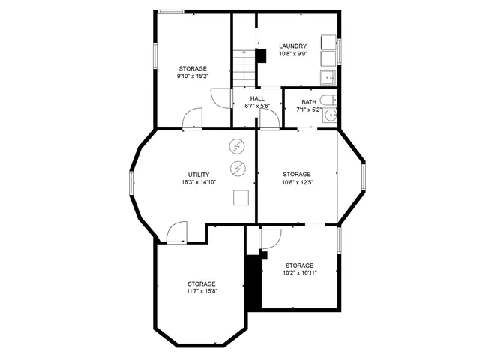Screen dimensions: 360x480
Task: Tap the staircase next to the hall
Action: (241, 67)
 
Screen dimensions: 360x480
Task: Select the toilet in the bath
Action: (328, 101)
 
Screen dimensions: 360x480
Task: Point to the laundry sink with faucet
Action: (328, 76)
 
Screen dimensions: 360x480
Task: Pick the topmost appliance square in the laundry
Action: (328, 41)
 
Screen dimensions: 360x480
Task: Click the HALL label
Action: (257, 98)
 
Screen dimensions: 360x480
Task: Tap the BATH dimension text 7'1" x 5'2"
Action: (309, 109)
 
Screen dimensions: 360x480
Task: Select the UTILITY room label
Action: (198, 175)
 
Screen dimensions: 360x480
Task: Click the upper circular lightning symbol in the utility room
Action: (238, 145)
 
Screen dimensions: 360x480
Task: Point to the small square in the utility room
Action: (241, 197)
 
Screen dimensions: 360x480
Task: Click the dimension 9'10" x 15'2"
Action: (192, 76)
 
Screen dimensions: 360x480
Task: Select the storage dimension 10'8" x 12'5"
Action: (297, 182)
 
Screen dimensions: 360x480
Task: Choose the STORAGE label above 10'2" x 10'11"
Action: (298, 265)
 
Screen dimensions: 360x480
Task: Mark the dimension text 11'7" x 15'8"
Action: (202, 291)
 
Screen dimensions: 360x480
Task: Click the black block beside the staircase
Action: (261, 56)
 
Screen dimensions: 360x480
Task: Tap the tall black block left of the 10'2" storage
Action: (253, 281)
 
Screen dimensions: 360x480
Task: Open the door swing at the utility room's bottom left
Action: (177, 232)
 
